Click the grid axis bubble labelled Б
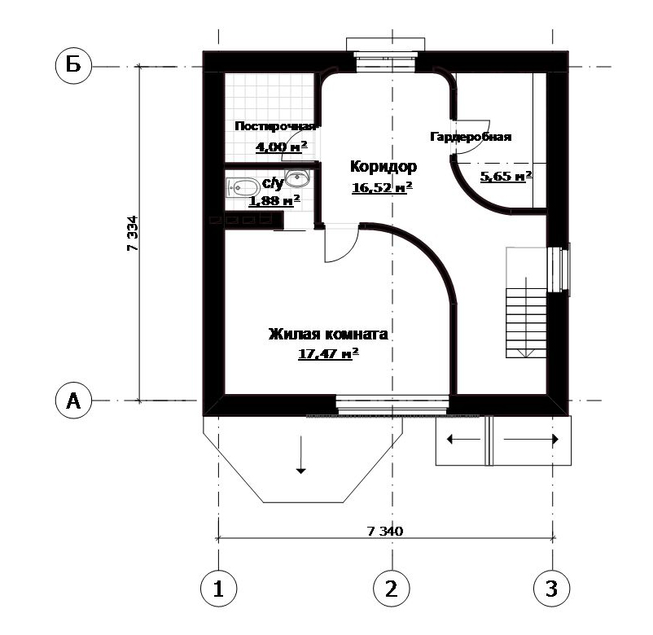click(74, 66)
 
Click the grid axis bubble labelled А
click(74, 401)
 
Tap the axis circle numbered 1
click(219, 589)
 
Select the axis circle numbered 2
click(392, 589)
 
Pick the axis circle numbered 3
click(552, 589)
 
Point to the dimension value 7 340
click(385, 531)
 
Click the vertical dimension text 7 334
click(133, 233)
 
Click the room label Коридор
click(383, 167)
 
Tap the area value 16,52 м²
click(383, 187)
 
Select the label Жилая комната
click(328, 334)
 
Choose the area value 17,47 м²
click(329, 354)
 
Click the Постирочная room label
click(276, 126)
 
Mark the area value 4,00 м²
click(282, 147)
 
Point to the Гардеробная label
click(471, 137)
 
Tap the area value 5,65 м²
click(506, 176)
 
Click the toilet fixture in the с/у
click(243, 188)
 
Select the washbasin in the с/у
click(297, 177)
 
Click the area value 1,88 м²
click(274, 201)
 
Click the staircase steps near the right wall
click(526, 322)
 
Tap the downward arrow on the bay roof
click(300, 455)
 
